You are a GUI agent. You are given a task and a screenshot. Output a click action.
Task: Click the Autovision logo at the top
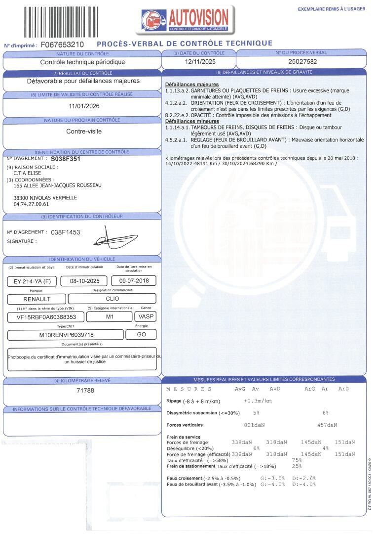185,20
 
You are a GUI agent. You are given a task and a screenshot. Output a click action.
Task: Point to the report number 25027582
302,62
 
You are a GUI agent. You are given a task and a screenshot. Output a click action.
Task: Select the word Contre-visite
83,132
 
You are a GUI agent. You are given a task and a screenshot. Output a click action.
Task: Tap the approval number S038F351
66,159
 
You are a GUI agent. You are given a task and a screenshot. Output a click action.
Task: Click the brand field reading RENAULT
37,299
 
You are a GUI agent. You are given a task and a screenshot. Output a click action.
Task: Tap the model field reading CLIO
113,299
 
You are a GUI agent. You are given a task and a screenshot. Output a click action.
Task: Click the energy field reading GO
141,335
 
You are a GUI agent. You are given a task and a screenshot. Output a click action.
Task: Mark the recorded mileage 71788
85,391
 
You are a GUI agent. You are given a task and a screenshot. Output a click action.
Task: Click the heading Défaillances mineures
192,121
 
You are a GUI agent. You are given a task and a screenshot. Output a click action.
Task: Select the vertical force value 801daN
254,425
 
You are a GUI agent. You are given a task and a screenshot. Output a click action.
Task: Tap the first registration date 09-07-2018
134,281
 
